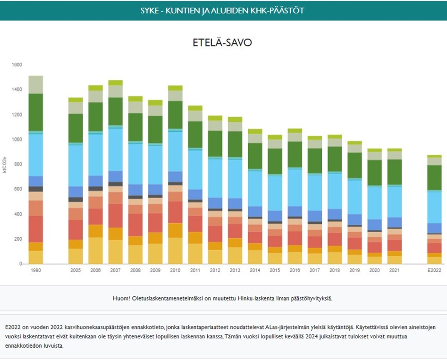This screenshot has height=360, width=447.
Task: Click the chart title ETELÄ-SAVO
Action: coord(222,42)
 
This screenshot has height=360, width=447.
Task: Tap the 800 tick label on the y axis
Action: coord(17,164)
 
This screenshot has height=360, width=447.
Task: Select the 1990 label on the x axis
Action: coord(35,271)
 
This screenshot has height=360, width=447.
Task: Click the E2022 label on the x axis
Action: coord(434,271)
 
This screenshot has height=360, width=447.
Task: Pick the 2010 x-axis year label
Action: coord(176,271)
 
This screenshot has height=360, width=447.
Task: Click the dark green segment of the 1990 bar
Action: coord(35,112)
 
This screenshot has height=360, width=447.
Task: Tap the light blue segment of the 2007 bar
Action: coord(116,149)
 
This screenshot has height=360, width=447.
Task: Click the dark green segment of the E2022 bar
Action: coord(434,177)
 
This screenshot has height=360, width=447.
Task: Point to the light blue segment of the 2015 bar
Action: coord(275,193)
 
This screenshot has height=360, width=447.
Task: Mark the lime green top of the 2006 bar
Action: coord(96,88)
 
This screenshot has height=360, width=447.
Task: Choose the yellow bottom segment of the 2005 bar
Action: coord(76,256)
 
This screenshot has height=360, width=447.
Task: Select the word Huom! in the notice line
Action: coord(123,298)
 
